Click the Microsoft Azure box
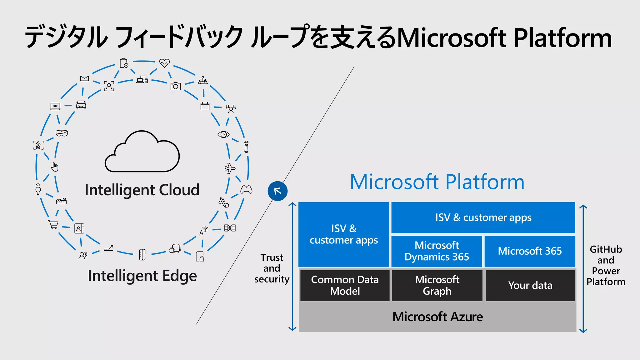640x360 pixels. coord(437,317)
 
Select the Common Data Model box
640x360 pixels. coord(345,285)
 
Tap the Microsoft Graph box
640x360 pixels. coord(437,285)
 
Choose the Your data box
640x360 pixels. coord(530,285)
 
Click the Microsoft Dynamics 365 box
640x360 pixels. coord(437,251)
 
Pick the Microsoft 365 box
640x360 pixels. coord(530,251)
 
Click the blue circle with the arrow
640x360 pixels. coord(277,191)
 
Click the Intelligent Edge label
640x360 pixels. coord(142,276)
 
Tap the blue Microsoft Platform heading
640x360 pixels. coord(437,182)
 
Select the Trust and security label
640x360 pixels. coord(272,268)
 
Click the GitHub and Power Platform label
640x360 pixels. coord(606,266)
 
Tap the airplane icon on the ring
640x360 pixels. coord(230,168)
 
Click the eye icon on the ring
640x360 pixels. coord(223,134)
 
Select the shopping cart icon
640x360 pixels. coord(53,224)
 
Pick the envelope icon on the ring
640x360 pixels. coord(84,78)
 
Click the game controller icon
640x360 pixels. coord(246,189)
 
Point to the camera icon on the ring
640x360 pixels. coord(175,86)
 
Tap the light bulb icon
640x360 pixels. coord(38,189)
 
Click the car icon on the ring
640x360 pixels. coord(81,104)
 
